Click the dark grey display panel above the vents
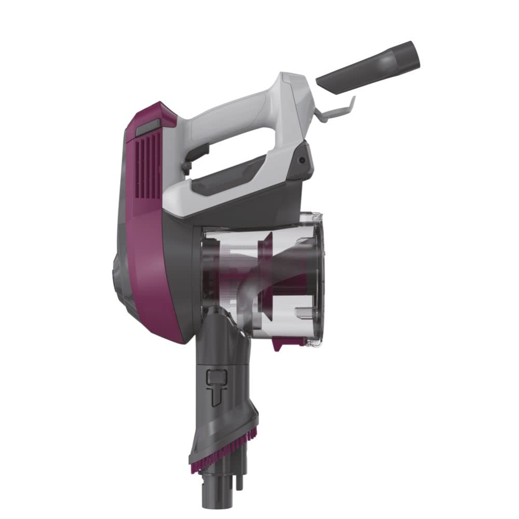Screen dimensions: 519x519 pyautogui.click(x=148, y=128)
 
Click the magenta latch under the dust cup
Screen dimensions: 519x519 pyautogui.click(x=283, y=343)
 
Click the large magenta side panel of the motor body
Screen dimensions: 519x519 pyautogui.click(x=156, y=259)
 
